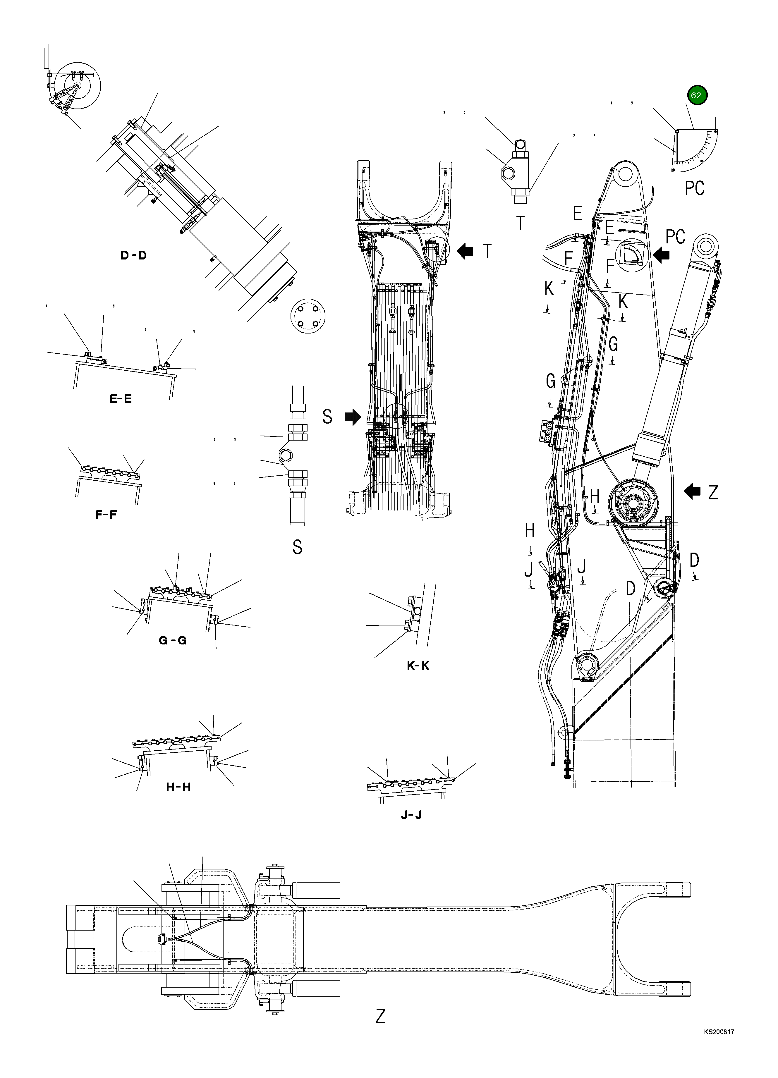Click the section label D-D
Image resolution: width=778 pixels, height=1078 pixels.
[x=133, y=256]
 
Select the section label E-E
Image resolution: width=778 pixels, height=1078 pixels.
[x=121, y=399]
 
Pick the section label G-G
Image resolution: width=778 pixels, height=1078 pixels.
[x=173, y=641]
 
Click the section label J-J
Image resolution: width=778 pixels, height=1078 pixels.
[x=411, y=815]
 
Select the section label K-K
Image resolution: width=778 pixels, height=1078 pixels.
[x=418, y=666]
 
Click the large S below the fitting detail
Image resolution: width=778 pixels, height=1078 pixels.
[x=298, y=547]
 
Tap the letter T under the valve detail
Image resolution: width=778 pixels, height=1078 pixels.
[x=521, y=223]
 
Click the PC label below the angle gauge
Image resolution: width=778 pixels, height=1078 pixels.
[x=694, y=188]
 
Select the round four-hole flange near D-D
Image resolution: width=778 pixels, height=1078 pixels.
[x=308, y=316]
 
